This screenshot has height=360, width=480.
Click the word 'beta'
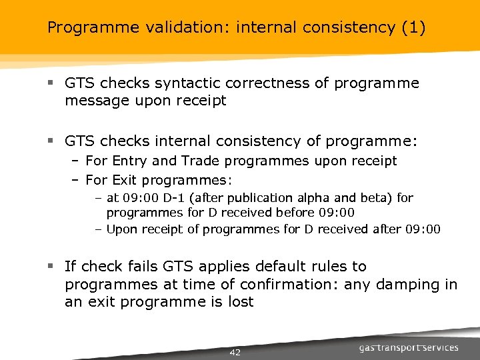pos(353,198)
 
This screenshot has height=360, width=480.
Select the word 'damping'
pos(407,285)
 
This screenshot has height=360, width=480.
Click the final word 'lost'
pos(241,302)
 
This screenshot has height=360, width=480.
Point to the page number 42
pos(235,352)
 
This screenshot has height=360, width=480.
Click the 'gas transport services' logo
pos(408,348)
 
